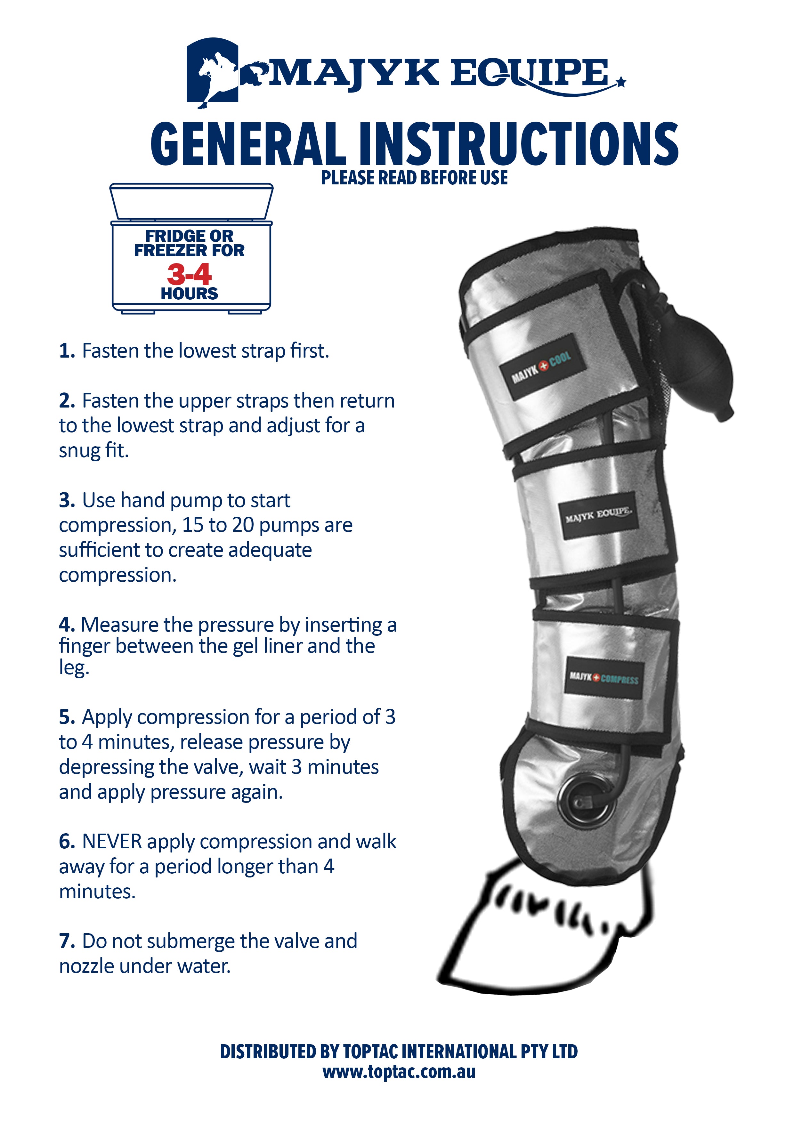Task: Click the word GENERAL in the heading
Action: [247, 144]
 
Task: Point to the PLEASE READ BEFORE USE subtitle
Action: [414, 178]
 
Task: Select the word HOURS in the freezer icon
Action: [189, 294]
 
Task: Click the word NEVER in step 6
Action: [112, 842]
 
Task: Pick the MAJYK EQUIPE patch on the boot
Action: [599, 515]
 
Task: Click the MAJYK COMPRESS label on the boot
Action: [604, 678]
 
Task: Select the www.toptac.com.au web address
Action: [399, 1072]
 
